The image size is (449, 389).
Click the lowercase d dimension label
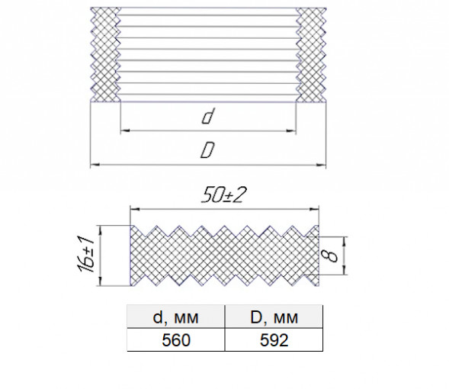coord(207,116)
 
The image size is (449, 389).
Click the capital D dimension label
coord(207,150)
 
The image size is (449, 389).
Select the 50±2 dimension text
coord(223,195)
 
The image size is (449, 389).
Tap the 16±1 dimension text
coord(85,254)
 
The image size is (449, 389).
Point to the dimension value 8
coord(332,256)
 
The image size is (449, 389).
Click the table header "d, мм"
coord(175,317)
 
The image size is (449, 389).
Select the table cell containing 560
coord(176,340)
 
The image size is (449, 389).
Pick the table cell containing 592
coord(274,340)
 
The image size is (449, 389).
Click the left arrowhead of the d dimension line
coord(125,131)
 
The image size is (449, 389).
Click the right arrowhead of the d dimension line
coord(291,131)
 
